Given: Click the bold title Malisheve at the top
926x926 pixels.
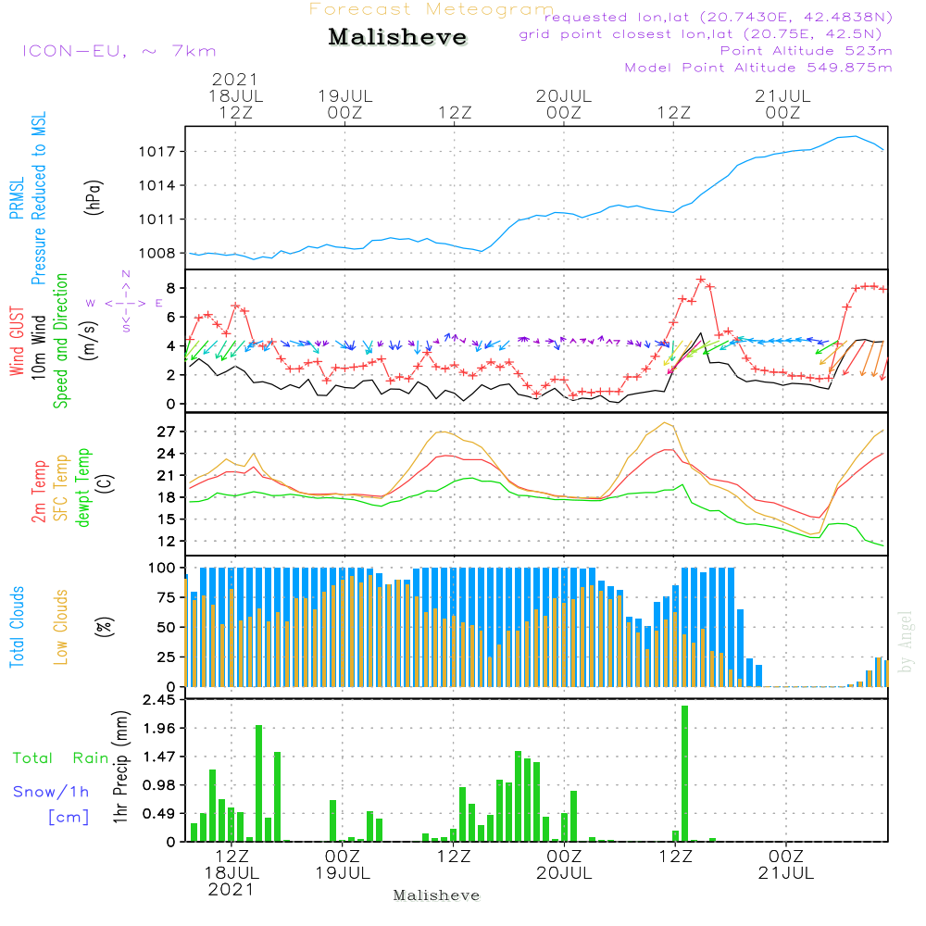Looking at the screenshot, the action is coord(397,37).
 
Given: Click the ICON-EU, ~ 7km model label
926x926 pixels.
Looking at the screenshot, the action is coord(119,51).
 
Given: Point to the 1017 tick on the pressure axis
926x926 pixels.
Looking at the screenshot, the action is coord(157,152).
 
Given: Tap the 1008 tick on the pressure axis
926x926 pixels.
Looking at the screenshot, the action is coord(157,254).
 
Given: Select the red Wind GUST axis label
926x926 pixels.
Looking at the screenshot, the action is coord(17,341).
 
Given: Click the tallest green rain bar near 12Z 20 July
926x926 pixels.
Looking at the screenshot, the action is coord(684,773).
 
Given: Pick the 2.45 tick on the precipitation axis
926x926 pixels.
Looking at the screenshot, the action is coord(159,700).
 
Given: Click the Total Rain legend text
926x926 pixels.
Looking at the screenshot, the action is coord(61,758).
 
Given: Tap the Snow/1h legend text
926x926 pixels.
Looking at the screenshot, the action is coord(51,792).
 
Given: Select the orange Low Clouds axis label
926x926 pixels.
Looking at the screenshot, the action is coord(61,627).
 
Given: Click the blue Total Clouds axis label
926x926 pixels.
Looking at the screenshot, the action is coord(17,627).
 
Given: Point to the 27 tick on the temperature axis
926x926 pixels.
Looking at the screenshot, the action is coord(166,432).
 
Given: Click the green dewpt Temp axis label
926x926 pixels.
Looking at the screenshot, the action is coord(82,487).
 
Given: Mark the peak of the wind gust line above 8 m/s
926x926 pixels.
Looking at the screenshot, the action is coord(701,280).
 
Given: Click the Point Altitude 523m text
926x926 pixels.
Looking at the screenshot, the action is coord(807,51).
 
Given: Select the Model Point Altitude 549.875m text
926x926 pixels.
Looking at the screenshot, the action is coord(758,68).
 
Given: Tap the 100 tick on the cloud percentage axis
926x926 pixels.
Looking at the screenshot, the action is coord(162,569).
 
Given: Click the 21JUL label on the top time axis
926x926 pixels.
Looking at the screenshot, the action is coord(782,96).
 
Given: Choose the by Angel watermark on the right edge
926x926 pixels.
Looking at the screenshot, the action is coord(906,642).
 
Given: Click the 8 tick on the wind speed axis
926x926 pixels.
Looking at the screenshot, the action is coord(171,288).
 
